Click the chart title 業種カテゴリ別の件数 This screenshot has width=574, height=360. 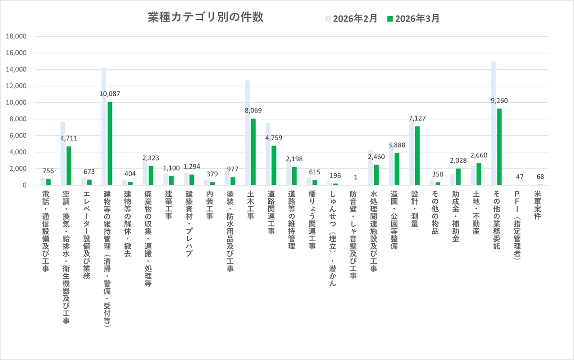click(x=205, y=18)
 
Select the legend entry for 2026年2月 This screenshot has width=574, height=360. click(x=352, y=19)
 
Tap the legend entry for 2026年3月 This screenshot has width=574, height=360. click(x=414, y=19)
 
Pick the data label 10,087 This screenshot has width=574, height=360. click(x=110, y=94)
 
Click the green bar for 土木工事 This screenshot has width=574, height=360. click(x=254, y=152)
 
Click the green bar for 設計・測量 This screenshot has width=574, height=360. click(x=418, y=156)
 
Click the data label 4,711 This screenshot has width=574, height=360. click(x=68, y=138)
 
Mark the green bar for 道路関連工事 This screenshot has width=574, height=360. click(x=274, y=165)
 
